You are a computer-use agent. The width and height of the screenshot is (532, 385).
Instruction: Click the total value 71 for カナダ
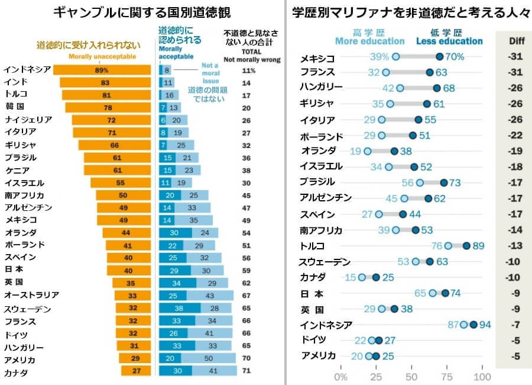pyautogui.click(x=249, y=372)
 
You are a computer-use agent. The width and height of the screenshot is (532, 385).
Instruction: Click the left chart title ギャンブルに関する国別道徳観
pyautogui.click(x=142, y=12)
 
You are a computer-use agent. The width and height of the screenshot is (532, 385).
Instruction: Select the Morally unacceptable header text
pyautogui.click(x=102, y=56)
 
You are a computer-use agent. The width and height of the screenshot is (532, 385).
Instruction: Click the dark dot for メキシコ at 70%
pyautogui.click(x=439, y=57)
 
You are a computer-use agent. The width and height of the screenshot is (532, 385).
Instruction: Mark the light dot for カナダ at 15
pyautogui.click(x=362, y=277)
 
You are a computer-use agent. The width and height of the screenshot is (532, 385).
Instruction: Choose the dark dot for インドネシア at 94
pyautogui.click(x=473, y=325)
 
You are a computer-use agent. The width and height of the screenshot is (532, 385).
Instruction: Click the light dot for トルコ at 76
pyautogui.click(x=448, y=245)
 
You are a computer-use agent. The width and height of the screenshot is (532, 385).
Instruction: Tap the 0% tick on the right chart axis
pyautogui.click(x=341, y=377)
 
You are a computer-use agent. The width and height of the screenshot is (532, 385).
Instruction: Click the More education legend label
pyautogui.click(x=369, y=41)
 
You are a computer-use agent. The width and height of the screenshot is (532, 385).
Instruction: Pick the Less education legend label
pyautogui.click(x=449, y=41)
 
